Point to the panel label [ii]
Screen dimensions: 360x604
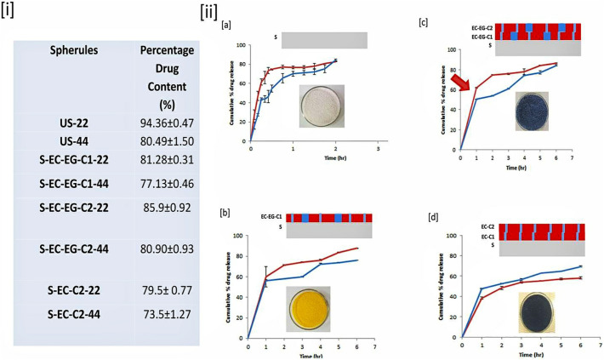[x=208, y=13]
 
